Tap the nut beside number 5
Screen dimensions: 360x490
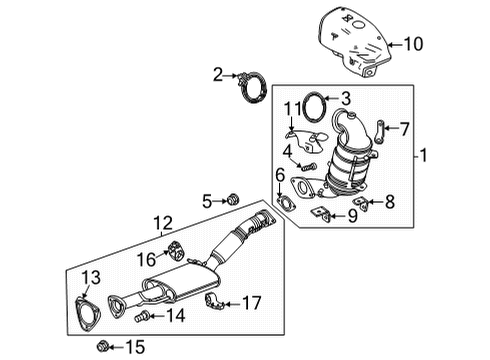[x=234, y=201]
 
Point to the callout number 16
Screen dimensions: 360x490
[x=147, y=259]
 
